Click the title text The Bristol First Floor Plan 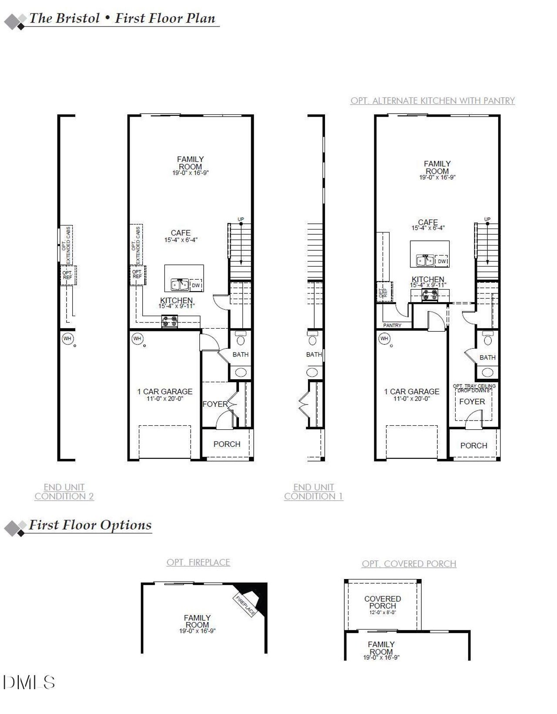click(122, 18)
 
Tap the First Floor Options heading click(90, 525)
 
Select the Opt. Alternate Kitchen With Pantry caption click(433, 101)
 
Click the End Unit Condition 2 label click(64, 492)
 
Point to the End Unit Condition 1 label click(313, 492)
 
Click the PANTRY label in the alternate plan click(392, 325)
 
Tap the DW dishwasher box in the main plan click(196, 285)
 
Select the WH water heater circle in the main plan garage click(138, 338)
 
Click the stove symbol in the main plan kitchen click(170, 321)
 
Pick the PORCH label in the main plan click(227, 444)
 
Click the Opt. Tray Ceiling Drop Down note click(474, 388)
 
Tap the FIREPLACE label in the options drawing click(245, 605)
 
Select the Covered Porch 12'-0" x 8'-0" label click(383, 605)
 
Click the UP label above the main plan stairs click(241, 219)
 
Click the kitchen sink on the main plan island click(179, 285)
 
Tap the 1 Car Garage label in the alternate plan click(412, 394)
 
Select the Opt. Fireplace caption click(198, 562)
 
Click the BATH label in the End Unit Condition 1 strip click(314, 354)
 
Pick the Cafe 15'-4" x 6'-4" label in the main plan click(181, 236)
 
